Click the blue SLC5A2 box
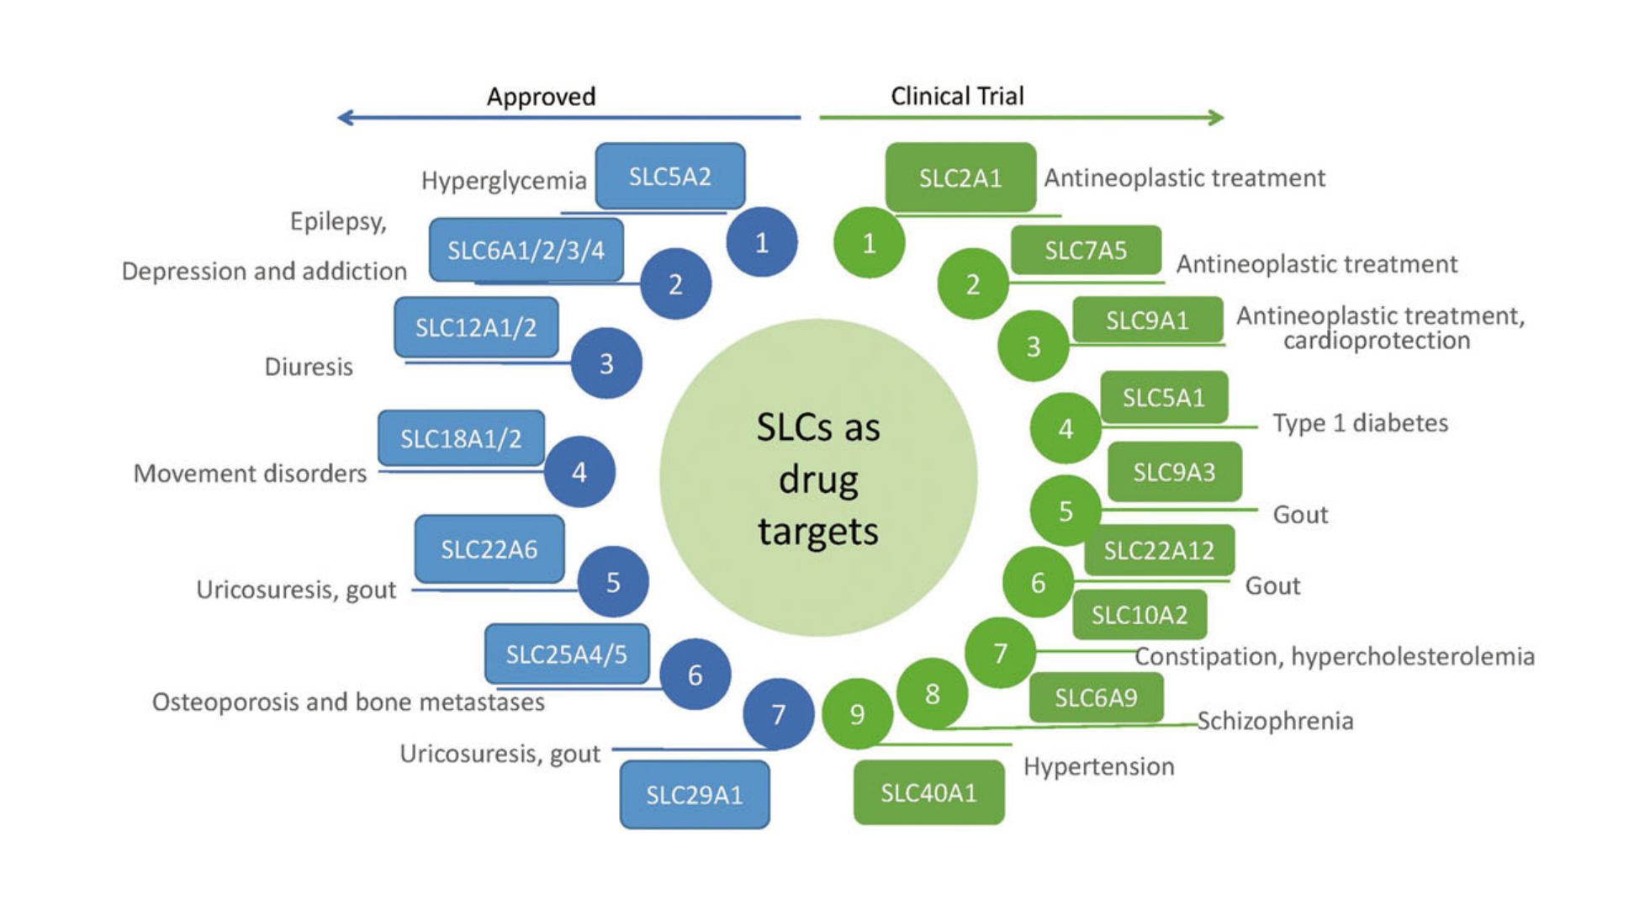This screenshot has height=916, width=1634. (669, 177)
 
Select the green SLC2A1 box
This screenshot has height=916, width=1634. (960, 178)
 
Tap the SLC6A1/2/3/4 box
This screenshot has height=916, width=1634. (526, 251)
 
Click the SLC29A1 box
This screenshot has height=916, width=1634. (694, 795)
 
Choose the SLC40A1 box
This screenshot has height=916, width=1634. (928, 792)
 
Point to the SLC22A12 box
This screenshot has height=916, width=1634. (1159, 551)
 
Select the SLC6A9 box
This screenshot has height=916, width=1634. (1096, 697)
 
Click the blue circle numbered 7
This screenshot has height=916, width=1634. (778, 714)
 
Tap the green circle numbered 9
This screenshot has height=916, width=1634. (857, 714)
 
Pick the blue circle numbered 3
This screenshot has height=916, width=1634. (606, 363)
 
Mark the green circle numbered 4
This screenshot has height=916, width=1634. (1066, 429)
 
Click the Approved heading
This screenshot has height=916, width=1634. (541, 97)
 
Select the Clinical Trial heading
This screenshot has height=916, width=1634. (957, 96)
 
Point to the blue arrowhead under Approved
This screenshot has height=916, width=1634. (345, 118)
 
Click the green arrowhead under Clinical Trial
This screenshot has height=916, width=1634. (1216, 118)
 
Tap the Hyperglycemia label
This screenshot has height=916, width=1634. (504, 181)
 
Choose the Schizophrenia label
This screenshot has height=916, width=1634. (1275, 721)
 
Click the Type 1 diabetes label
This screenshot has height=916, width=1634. (1360, 423)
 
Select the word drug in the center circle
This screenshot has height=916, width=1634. (818, 480)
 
